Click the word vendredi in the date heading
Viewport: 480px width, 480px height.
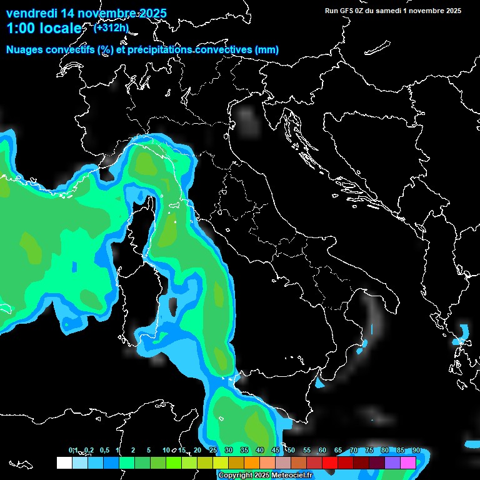point(29,13)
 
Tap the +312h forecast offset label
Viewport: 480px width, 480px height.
point(111,27)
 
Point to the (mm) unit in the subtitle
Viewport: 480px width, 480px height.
point(267,50)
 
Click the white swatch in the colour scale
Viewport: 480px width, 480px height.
point(64,462)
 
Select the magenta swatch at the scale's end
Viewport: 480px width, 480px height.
point(408,462)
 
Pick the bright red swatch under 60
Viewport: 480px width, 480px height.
point(330,462)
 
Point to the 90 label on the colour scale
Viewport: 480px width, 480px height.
point(416,451)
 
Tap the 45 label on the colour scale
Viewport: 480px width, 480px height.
point(276,451)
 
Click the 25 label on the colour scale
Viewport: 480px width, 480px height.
point(213,451)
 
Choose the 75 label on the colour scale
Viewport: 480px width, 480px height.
point(369,451)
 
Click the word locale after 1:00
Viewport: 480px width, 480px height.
point(59,28)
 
